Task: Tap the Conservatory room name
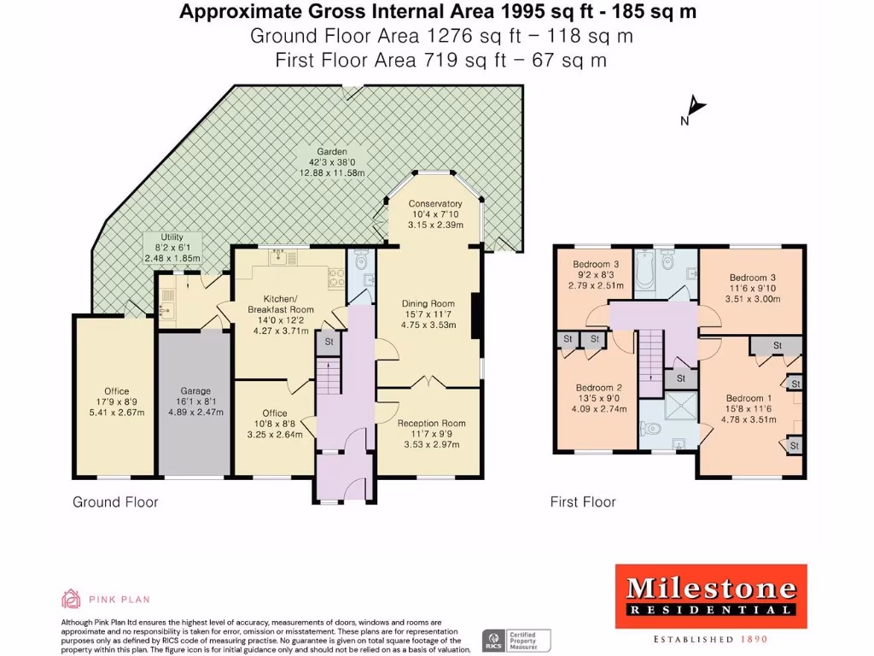pyautogui.click(x=435, y=203)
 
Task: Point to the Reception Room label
pyautogui.click(x=431, y=423)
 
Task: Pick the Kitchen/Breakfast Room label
pyautogui.click(x=281, y=303)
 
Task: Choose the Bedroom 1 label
pyautogui.click(x=749, y=398)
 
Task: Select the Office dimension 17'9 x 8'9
pyautogui.click(x=112, y=402)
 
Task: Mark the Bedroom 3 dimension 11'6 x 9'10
pyautogui.click(x=751, y=289)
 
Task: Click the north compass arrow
pyautogui.click(x=697, y=106)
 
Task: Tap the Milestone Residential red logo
pyautogui.click(x=711, y=595)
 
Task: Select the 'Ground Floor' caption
pyautogui.click(x=115, y=502)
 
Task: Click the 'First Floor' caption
pyautogui.click(x=583, y=502)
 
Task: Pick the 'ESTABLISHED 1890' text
pyautogui.click(x=711, y=639)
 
